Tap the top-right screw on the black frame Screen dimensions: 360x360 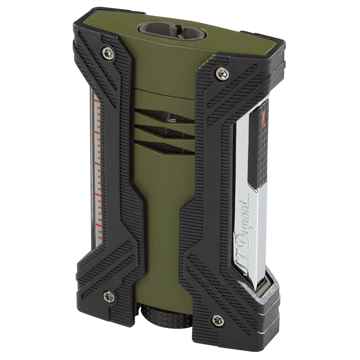click(222, 73)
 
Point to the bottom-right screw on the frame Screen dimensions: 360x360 click(218, 320)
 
